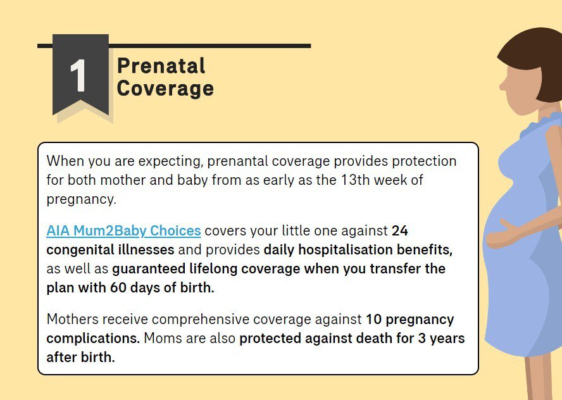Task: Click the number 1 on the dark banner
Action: click(x=78, y=75)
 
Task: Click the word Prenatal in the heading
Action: click(x=161, y=66)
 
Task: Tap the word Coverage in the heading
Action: click(x=165, y=89)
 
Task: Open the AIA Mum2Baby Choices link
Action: click(x=123, y=231)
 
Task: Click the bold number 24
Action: click(x=400, y=231)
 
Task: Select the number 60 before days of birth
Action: click(x=118, y=287)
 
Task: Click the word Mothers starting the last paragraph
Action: click(x=72, y=319)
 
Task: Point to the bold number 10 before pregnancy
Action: click(x=374, y=319)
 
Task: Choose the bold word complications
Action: click(x=93, y=339)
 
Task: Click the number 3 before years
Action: click(x=422, y=338)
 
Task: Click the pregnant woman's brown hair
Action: click(x=537, y=61)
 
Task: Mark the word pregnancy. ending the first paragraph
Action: click(x=82, y=199)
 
